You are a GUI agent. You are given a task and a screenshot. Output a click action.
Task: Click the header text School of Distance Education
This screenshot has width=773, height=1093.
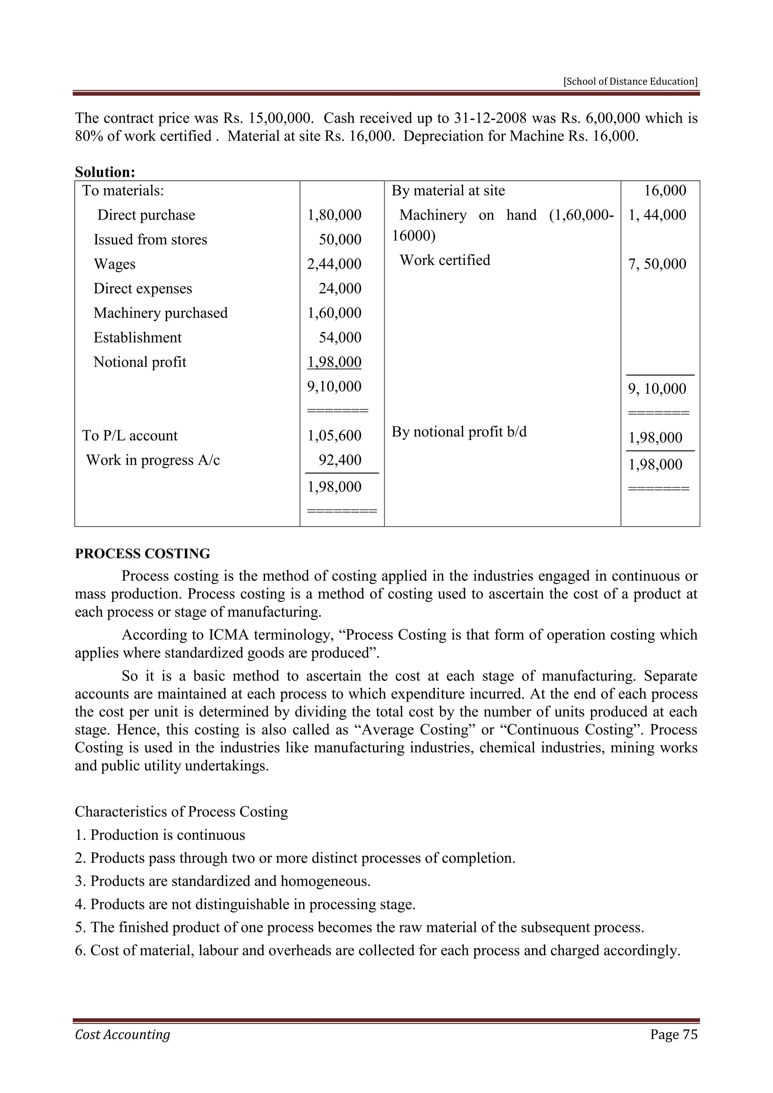pos(630,82)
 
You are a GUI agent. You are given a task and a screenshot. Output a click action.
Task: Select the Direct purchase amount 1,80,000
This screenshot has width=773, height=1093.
pos(334,215)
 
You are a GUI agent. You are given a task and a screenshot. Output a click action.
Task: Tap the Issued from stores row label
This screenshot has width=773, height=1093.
pos(151,239)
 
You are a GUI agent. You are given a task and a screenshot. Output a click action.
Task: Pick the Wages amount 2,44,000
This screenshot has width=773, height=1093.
pos(334,264)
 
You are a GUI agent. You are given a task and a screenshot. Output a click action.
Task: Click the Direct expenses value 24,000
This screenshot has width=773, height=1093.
pos(340,288)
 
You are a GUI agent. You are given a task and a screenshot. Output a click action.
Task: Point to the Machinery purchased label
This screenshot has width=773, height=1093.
pos(160,313)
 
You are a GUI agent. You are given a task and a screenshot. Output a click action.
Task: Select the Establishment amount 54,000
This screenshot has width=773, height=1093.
pos(340,337)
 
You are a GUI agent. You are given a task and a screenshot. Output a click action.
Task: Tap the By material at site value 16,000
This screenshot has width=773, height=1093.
pos(665,191)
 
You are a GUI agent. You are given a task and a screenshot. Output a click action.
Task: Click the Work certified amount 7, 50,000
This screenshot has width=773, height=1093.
pos(657,264)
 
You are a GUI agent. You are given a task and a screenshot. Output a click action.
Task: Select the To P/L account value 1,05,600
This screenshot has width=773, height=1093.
pos(334,436)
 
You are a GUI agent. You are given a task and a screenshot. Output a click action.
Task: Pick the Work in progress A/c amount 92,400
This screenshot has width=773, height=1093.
pos(340,460)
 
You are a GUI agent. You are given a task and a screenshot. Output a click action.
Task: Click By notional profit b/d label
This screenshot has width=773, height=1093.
pos(459,432)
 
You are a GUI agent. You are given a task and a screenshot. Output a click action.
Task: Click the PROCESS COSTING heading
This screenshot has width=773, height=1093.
pos(142,554)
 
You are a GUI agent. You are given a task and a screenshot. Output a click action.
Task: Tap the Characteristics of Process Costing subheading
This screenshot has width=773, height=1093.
pos(181,812)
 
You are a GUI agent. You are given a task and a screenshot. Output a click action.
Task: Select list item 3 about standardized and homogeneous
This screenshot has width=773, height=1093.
pos(223,881)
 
